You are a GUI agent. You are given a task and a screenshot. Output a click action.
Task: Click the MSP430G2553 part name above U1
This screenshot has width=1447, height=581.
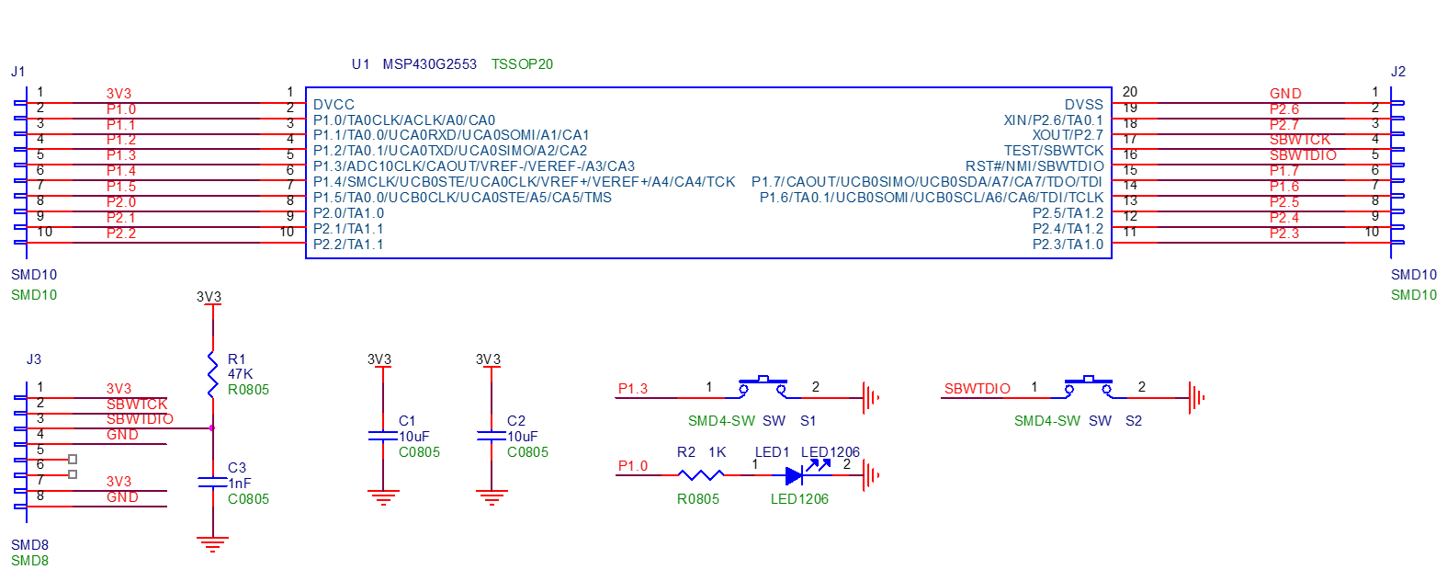429,64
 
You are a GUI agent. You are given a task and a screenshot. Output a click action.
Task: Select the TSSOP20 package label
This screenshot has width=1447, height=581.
522,64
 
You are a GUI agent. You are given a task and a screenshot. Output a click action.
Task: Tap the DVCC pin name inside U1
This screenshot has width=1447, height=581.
333,105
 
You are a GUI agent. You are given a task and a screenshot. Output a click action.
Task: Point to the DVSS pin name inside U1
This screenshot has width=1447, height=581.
1083,105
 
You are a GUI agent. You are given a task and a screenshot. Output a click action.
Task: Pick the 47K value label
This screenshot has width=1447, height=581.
240,374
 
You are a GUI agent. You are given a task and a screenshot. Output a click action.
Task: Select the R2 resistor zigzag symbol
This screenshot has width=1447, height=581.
700,474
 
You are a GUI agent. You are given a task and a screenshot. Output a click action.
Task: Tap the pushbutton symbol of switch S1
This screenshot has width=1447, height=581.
763,387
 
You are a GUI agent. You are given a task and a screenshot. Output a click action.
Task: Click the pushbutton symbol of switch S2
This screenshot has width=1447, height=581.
1089,387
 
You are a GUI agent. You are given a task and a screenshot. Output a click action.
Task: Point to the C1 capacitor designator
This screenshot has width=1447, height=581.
407,421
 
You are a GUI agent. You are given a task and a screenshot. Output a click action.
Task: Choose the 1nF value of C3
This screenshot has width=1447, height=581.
240,484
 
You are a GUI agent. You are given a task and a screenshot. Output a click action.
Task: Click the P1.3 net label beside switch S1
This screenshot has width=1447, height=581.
633,389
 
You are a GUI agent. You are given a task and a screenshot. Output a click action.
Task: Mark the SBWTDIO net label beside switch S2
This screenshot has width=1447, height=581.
977,389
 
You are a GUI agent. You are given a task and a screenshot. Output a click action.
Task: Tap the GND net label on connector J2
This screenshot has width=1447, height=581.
1285,94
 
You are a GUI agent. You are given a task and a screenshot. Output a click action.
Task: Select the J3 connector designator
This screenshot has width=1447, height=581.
34,359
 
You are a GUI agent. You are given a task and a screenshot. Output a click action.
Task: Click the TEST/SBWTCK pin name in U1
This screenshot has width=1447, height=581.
1053,151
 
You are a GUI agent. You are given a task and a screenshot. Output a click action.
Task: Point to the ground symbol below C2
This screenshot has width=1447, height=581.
492,498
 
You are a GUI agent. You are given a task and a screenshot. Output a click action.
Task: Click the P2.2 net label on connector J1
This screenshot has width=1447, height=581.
121,234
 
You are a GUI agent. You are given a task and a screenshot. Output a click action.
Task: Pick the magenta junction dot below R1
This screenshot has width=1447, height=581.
212,428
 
